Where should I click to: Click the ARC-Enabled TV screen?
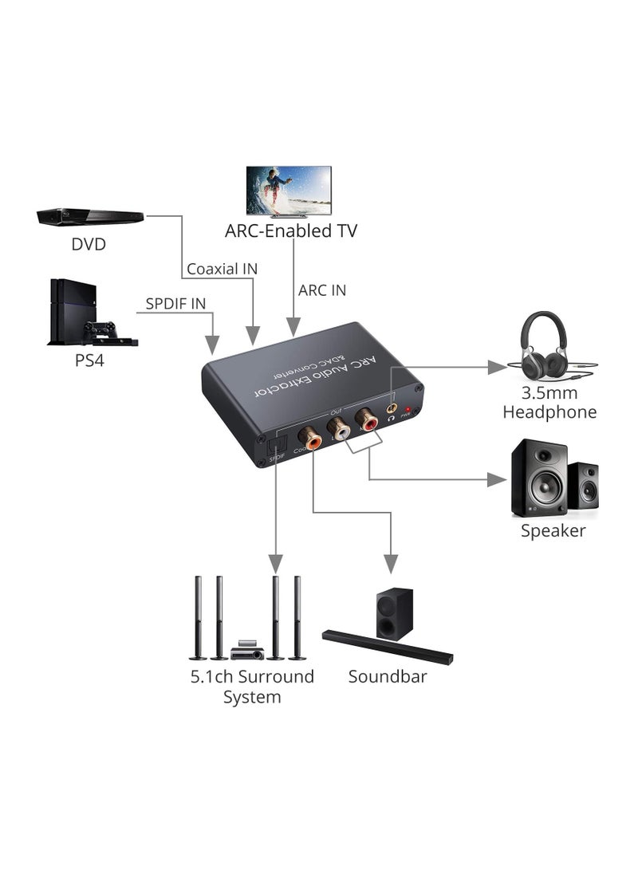click(x=289, y=190)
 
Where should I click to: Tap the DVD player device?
click(x=90, y=216)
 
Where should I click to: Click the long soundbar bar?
click(x=387, y=647)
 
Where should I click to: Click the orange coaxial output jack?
click(x=309, y=439)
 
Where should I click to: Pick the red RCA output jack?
click(x=367, y=419)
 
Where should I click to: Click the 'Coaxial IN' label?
click(x=222, y=269)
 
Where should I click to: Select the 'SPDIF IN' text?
click(x=175, y=304)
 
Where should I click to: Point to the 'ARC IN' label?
click(x=322, y=290)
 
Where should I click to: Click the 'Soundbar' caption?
click(x=388, y=677)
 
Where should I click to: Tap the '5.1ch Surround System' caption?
click(x=252, y=687)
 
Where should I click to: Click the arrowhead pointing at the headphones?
click(x=498, y=367)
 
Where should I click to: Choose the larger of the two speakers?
click(x=538, y=478)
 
